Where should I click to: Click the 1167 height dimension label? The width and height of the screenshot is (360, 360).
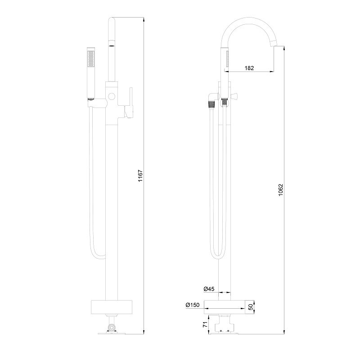pyautogui.click(x=140, y=176)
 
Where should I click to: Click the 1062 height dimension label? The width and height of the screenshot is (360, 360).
pyautogui.click(x=281, y=190)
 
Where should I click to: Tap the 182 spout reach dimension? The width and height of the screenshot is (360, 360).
pyautogui.click(x=249, y=68)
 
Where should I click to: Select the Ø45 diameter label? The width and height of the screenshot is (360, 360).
pyautogui.click(x=209, y=289)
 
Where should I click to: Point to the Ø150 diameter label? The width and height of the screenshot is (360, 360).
pyautogui.click(x=193, y=305)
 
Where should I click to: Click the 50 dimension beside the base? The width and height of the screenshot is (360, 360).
pyautogui.click(x=251, y=307)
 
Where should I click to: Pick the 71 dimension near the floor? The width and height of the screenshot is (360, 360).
pyautogui.click(x=205, y=324)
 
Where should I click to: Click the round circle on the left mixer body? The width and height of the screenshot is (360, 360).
pyautogui.click(x=112, y=96)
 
